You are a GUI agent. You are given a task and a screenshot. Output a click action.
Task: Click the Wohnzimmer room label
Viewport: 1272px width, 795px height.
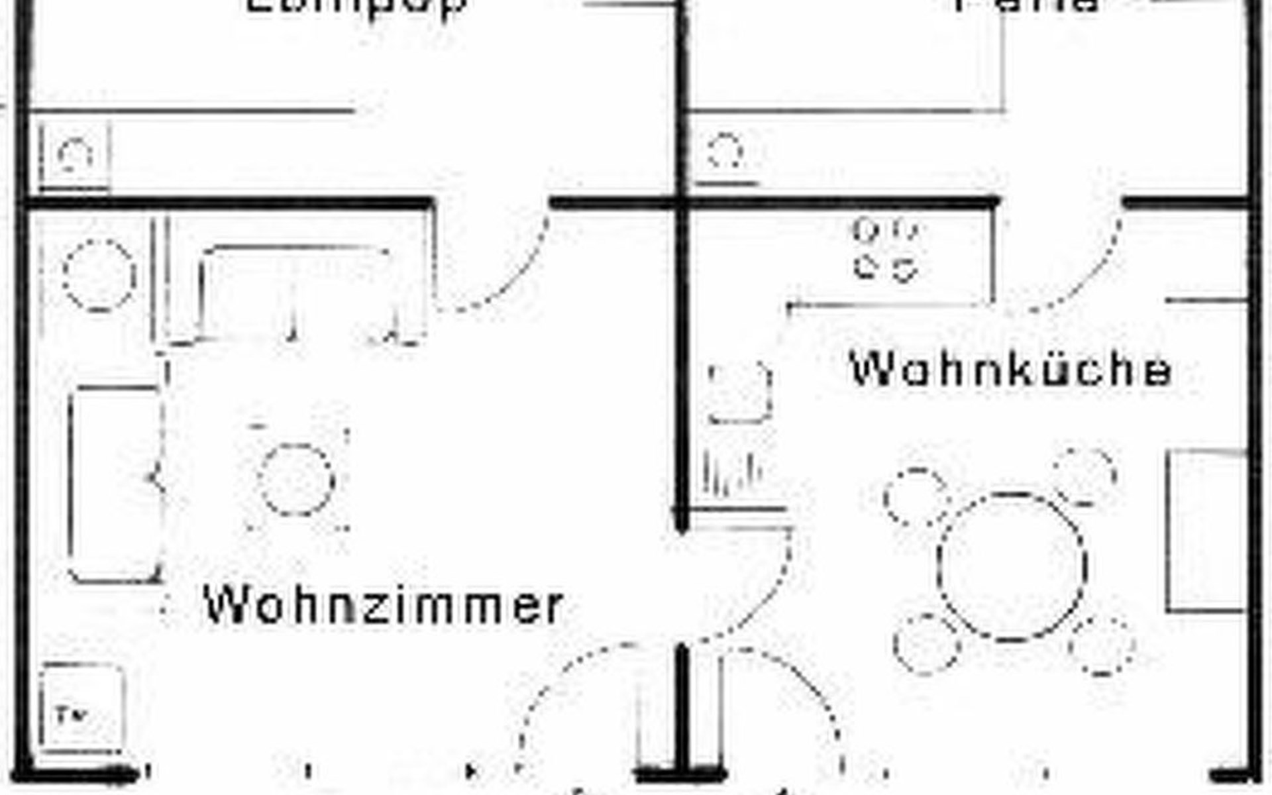pos(383,604)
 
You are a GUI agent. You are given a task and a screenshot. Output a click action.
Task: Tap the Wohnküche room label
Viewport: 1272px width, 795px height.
pos(1010,370)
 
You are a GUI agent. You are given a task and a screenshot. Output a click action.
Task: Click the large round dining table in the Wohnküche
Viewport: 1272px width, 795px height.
pos(1012,566)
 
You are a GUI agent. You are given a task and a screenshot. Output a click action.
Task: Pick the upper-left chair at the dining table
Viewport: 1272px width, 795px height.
pos(916,497)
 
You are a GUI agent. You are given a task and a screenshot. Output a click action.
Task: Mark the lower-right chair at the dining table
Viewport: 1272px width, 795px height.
pos(1102,646)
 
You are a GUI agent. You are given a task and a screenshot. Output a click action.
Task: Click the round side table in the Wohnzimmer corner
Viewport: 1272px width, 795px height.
pos(99,274)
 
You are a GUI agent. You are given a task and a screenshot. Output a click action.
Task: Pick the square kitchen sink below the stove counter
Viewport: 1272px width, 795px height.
pos(739,393)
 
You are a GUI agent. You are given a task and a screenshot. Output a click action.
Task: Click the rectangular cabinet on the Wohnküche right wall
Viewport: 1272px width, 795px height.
pos(1206,530)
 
